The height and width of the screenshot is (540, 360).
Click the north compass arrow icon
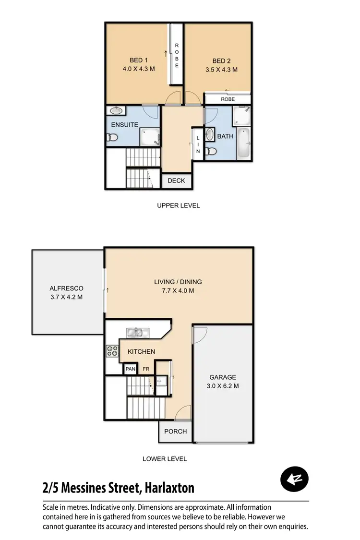(294, 479)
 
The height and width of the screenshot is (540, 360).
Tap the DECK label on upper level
(176, 181)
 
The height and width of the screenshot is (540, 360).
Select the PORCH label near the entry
(175, 432)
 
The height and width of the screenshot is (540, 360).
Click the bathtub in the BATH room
(244, 143)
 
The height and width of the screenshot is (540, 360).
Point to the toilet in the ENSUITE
(112, 138)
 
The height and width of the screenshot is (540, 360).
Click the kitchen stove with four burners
(112, 351)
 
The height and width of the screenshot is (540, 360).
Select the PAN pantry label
(130, 369)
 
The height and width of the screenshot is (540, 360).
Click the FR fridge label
(146, 369)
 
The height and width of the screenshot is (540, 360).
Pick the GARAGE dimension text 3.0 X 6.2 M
(223, 386)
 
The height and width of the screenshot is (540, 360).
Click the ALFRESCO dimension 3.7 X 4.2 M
(66, 297)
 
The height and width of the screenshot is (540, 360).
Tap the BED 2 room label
(221, 61)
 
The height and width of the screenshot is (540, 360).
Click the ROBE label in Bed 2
(228, 99)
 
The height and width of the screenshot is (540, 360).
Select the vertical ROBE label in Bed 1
(177, 56)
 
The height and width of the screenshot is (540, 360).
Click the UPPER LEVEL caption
(178, 205)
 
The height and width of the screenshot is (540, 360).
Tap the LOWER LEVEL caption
(165, 459)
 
